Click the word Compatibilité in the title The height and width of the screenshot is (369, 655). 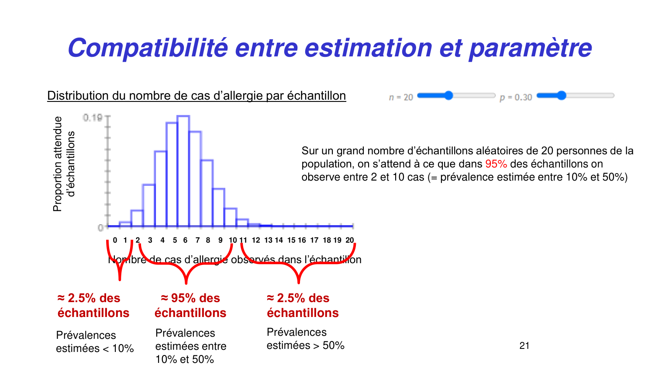click(148, 48)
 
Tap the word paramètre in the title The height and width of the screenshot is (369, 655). click(530, 49)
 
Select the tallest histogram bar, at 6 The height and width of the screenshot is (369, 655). click(183, 171)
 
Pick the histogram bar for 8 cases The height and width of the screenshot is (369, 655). click(207, 193)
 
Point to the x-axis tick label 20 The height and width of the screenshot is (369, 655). click(349, 240)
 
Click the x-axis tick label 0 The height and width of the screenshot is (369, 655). click(115, 240)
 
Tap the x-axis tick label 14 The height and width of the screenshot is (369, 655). click(279, 240)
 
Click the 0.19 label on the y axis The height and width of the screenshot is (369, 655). click(93, 118)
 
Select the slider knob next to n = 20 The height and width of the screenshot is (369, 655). click(448, 95)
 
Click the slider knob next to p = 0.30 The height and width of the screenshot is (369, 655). click(562, 95)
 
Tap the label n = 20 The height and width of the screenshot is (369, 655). click(401, 97)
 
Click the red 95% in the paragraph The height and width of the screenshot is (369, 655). click(496, 164)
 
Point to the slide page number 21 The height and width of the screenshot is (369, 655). click(524, 345)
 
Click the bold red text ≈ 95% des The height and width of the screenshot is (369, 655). click(190, 298)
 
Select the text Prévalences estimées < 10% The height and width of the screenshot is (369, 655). click(95, 341)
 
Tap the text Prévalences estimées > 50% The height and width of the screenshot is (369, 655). click(305, 339)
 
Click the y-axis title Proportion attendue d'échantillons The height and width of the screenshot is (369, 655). click(64, 164)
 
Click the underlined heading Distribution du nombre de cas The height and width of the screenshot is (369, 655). click(196, 96)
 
